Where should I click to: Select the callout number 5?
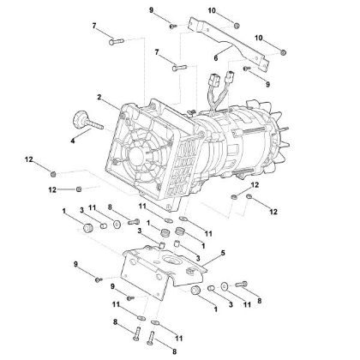tap(224, 254)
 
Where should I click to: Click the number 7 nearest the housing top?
tap(157, 53)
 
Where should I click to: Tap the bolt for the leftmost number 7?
tap(119, 37)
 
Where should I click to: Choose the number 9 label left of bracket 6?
tap(152, 9)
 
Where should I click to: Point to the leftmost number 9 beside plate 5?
tap(75, 263)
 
